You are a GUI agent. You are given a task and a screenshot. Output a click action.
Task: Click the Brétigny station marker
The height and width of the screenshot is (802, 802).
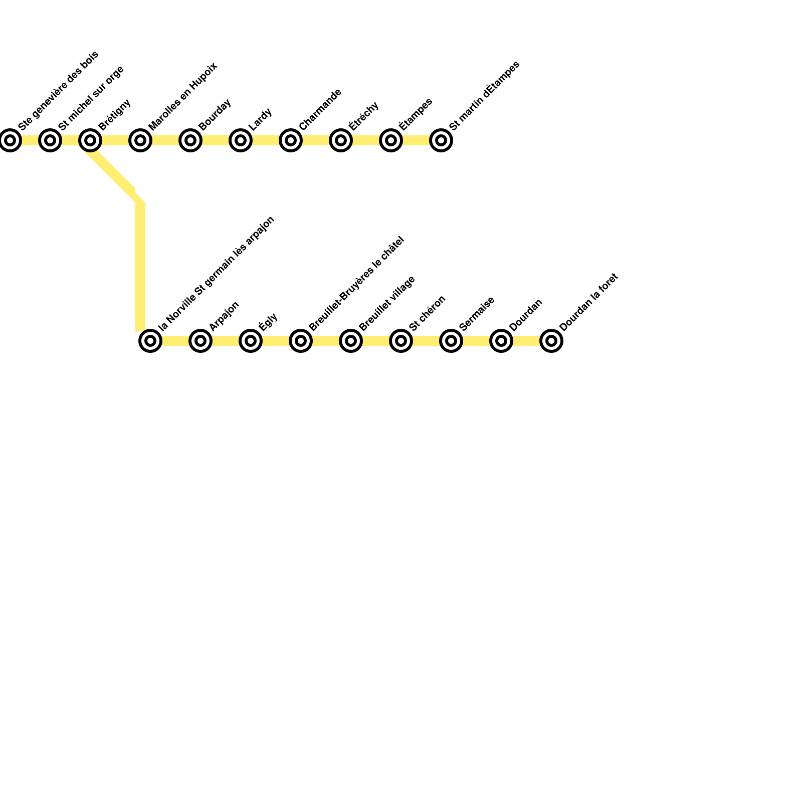click(x=90, y=140)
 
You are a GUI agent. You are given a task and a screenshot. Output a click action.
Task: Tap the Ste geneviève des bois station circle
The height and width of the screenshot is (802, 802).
click(x=10, y=140)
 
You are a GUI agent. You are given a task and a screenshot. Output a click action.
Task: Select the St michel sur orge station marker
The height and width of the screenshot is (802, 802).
click(x=50, y=140)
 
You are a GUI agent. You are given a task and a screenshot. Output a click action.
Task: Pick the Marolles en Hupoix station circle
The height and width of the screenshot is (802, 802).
click(x=140, y=140)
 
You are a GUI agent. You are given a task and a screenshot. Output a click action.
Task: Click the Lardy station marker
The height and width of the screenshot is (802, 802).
click(x=241, y=140)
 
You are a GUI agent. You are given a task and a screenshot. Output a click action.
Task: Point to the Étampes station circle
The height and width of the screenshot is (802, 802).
click(x=391, y=140)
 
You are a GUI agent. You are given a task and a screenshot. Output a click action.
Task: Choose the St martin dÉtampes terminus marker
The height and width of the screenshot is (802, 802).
click(x=441, y=140)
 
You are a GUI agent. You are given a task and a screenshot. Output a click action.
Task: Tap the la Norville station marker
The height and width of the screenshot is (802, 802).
click(x=150, y=341)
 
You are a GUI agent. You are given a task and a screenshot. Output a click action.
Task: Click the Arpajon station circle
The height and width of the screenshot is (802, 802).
click(x=200, y=341)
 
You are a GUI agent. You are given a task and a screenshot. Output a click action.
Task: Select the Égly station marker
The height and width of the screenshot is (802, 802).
click(x=251, y=341)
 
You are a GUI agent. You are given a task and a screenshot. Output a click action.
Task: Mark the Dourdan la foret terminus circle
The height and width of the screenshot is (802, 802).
click(x=551, y=341)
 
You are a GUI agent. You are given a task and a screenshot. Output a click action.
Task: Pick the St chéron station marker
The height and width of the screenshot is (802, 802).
click(x=401, y=341)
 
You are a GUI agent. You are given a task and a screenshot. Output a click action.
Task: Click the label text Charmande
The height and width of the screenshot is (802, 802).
click(x=320, y=110)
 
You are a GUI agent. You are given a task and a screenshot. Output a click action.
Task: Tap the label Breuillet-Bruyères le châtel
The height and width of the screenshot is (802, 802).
click(x=356, y=284)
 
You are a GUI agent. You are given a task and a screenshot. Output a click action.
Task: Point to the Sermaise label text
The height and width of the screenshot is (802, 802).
click(x=477, y=314)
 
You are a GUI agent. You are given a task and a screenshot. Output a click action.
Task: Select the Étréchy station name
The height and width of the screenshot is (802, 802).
click(x=364, y=116)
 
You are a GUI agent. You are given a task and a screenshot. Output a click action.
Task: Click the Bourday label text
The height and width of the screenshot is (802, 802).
click(x=215, y=115)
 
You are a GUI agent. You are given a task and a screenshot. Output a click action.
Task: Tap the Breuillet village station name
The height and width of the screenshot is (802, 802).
click(x=387, y=303)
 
